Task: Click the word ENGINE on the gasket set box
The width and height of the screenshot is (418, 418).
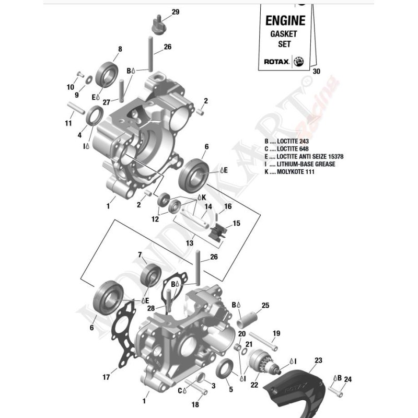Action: [285, 21]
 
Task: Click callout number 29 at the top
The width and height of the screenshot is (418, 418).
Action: [160, 12]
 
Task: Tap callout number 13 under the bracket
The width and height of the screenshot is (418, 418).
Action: [189, 243]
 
